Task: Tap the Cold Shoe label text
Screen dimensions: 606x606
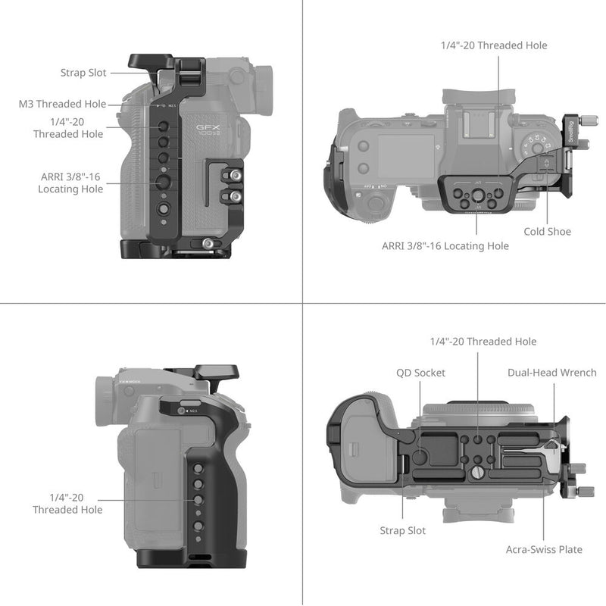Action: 547,232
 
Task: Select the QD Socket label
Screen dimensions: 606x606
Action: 420,373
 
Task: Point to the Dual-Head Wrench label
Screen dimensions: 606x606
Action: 552,373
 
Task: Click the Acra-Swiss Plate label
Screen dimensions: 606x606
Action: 544,549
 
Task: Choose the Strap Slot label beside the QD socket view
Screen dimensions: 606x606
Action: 402,531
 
